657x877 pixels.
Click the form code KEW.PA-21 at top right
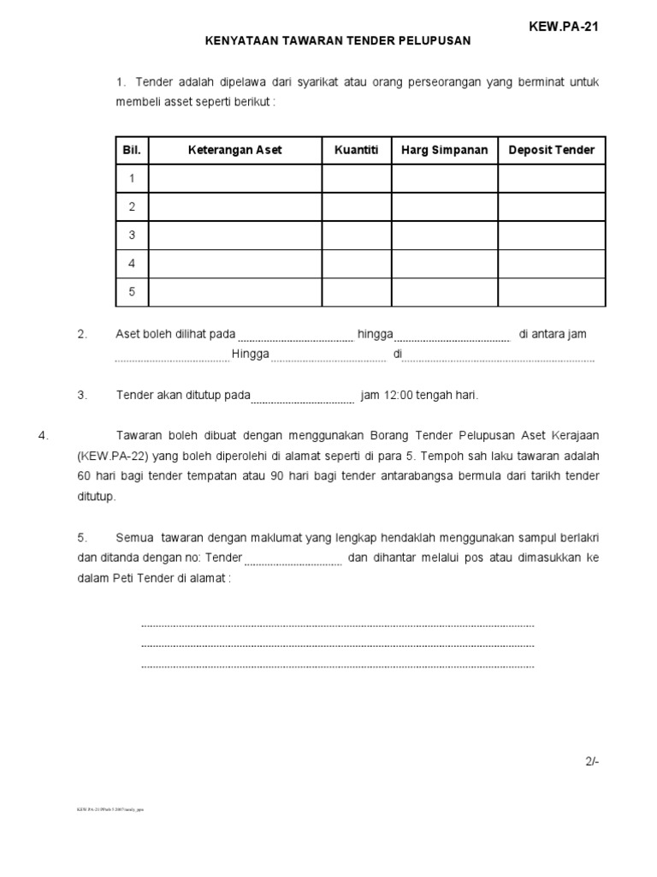click(x=564, y=27)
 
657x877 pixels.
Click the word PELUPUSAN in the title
click(x=433, y=40)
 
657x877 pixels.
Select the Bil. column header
click(x=132, y=150)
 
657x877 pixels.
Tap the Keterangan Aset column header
click(x=234, y=150)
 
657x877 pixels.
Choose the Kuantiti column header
click(x=357, y=150)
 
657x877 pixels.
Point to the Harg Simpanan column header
click(x=444, y=150)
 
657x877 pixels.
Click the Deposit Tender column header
click(x=551, y=150)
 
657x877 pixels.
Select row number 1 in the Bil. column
click(x=132, y=178)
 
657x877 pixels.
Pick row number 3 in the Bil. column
click(x=132, y=235)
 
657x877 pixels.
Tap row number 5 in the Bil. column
click(x=132, y=291)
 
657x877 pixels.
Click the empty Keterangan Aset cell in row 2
click(x=234, y=206)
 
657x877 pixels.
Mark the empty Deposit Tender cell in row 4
click(x=551, y=263)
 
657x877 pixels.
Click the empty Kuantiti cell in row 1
click(x=357, y=178)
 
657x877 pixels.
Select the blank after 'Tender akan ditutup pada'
click(x=303, y=398)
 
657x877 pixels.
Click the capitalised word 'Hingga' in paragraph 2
click(x=251, y=355)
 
